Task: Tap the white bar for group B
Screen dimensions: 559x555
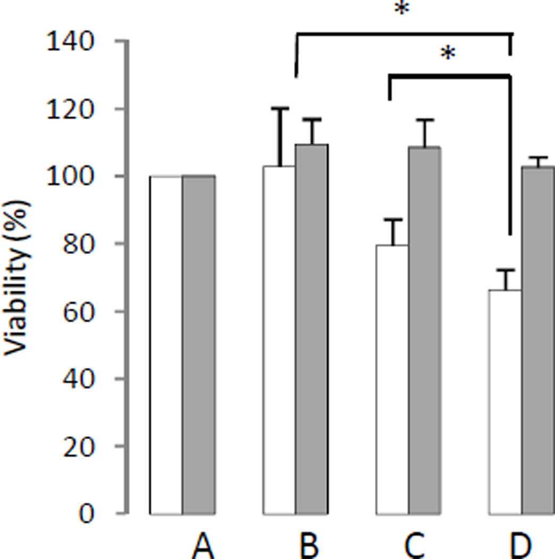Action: [x=279, y=341]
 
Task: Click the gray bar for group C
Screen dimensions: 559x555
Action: [x=425, y=330]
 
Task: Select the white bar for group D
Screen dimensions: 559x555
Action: [x=505, y=402]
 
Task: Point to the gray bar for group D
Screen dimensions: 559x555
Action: [x=538, y=341]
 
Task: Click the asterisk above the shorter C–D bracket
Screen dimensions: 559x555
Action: [x=448, y=53]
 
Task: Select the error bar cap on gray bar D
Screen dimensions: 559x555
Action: [x=538, y=158]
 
